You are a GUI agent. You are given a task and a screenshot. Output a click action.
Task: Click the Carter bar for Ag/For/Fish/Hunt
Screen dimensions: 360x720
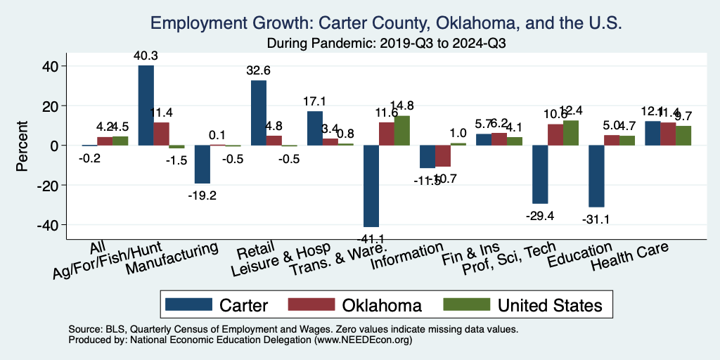(146, 105)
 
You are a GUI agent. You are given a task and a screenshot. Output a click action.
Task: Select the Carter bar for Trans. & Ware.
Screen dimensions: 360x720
(371, 186)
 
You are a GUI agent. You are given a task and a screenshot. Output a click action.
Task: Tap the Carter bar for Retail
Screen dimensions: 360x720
(258, 113)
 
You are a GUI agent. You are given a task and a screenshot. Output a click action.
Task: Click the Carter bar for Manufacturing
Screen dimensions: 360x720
(202, 164)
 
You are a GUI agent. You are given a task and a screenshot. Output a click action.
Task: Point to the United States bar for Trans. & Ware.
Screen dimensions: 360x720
(401, 131)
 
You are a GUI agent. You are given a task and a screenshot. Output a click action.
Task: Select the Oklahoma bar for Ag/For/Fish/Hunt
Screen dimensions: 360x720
(161, 134)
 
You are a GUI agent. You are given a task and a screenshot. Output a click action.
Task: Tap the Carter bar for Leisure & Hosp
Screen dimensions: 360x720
(314, 129)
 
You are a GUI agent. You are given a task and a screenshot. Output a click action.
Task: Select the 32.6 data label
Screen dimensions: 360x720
(259, 70)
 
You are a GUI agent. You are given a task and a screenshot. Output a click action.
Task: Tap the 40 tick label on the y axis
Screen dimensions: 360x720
(53, 66)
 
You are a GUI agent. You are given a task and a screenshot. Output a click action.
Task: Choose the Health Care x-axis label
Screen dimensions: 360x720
(629, 258)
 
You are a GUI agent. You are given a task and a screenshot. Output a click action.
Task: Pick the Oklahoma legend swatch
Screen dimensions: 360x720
(311, 305)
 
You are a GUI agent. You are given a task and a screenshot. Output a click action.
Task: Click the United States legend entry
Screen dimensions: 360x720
(549, 305)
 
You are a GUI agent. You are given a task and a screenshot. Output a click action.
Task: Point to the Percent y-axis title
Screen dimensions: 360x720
(22, 146)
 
